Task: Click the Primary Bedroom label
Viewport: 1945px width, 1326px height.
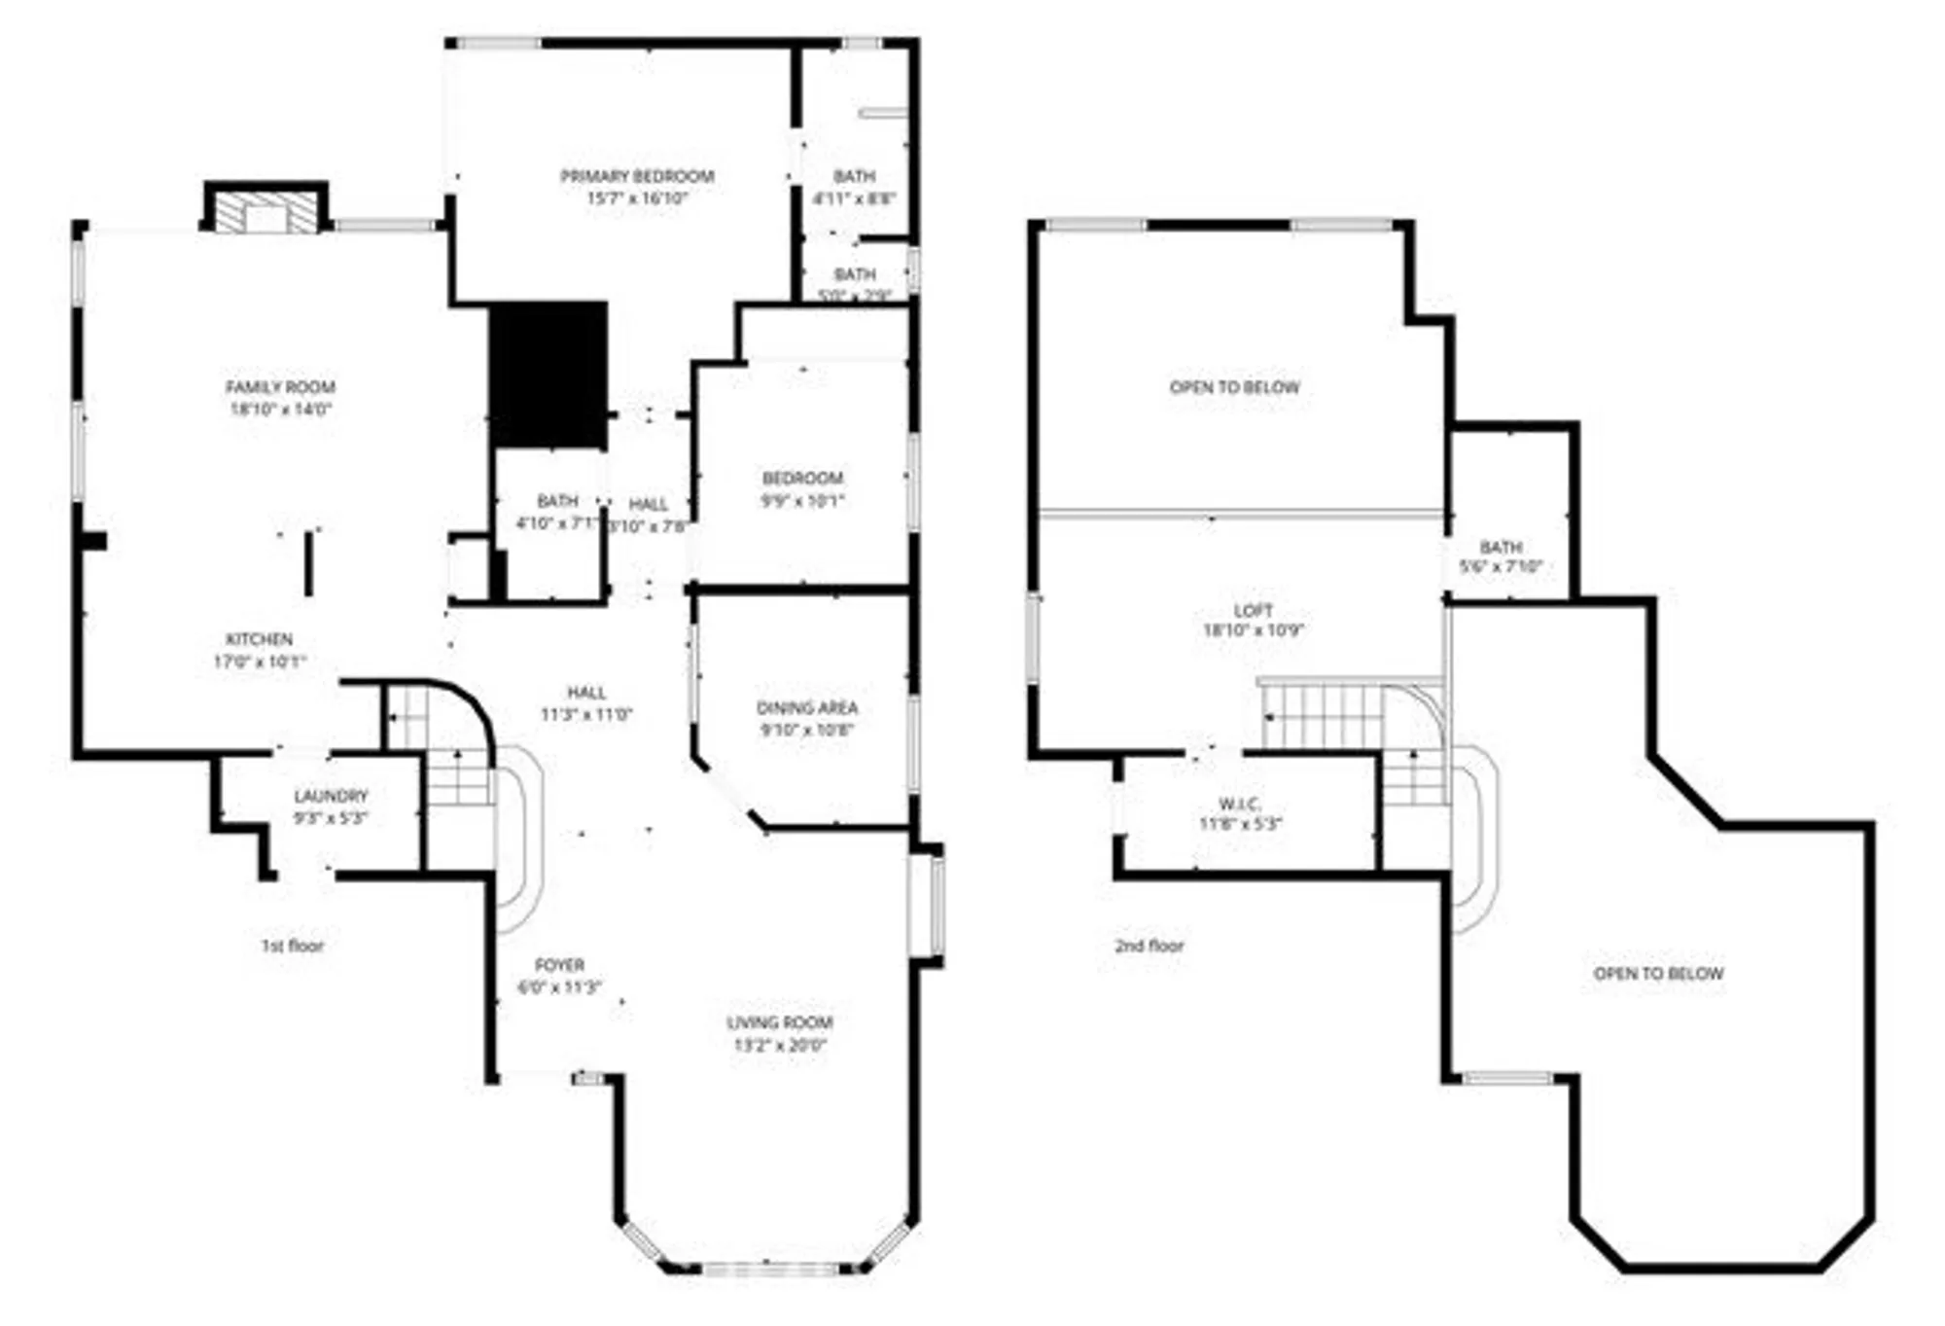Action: (x=637, y=176)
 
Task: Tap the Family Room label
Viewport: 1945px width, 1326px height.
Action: (x=280, y=387)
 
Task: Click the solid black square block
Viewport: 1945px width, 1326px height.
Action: (x=548, y=375)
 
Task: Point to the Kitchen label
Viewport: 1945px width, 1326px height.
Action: (x=259, y=639)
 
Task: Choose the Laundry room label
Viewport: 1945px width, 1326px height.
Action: (x=331, y=796)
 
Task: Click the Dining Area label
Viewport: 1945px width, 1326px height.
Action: (x=807, y=708)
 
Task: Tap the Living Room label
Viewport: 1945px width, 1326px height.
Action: (x=780, y=1022)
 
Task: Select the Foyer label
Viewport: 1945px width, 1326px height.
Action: (x=559, y=965)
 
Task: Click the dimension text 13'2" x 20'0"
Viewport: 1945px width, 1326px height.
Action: (x=780, y=1046)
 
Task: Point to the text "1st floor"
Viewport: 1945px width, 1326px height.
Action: (x=293, y=946)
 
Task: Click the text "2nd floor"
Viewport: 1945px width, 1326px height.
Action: (x=1149, y=946)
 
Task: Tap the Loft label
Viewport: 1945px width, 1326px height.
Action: (x=1253, y=611)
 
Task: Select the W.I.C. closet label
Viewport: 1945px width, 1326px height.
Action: (x=1240, y=805)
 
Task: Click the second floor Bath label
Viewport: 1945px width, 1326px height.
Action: (x=1501, y=547)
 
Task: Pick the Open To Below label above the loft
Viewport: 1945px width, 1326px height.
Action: (x=1234, y=387)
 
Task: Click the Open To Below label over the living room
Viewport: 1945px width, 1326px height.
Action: (x=1658, y=974)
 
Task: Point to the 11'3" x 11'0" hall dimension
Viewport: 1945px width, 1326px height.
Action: (x=586, y=715)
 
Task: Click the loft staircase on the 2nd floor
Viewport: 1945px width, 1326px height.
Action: (x=1323, y=716)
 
